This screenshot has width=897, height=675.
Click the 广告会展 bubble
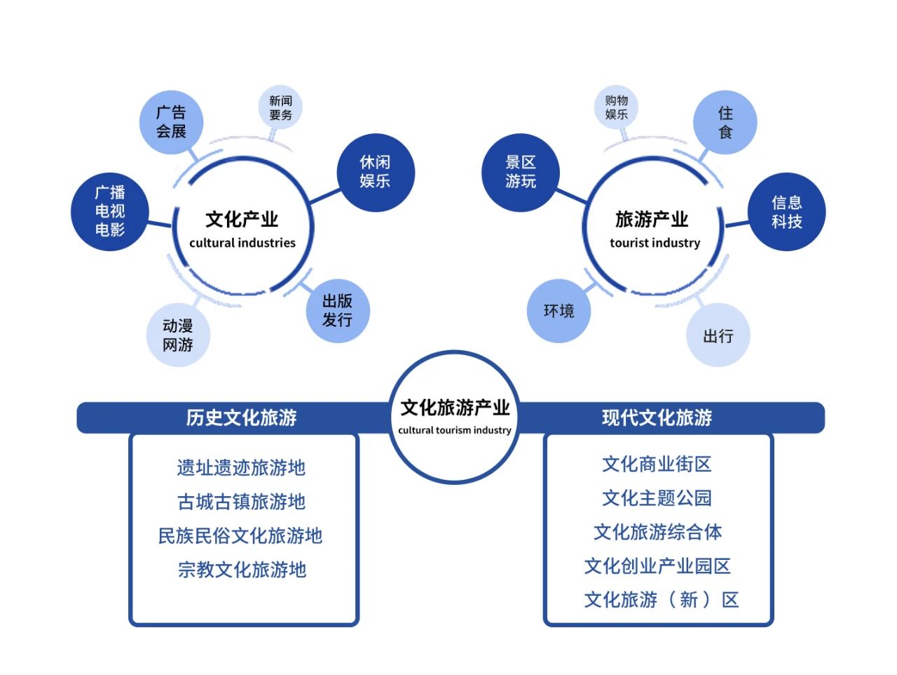point(171,122)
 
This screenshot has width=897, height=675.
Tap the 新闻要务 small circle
point(280,107)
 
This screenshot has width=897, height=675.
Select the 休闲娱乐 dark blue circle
point(376,172)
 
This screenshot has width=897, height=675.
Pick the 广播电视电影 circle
point(109,211)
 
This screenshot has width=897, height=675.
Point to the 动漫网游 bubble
point(178,335)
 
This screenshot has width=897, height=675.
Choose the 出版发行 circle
point(338,311)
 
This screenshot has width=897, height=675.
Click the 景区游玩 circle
point(520,172)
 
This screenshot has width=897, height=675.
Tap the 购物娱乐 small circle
point(616,107)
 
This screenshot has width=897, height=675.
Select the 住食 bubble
point(725,122)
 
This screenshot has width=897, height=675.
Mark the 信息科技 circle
point(787,211)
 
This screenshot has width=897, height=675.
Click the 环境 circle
point(559,311)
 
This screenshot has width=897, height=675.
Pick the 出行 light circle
point(718,335)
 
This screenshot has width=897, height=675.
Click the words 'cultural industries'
point(242,243)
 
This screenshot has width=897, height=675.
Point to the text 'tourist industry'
point(655,243)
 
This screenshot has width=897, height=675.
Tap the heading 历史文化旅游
point(242,417)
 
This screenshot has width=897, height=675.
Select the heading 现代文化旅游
point(657,417)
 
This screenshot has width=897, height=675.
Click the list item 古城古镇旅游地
point(242,502)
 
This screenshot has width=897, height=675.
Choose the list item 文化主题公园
point(657,498)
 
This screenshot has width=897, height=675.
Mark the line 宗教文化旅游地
point(242,570)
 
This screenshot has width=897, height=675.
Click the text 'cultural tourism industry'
point(454,430)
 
